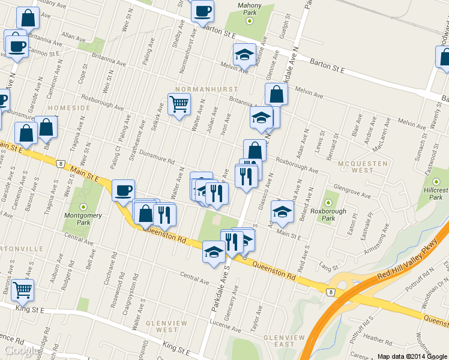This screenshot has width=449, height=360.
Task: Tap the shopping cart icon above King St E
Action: (x=23, y=289)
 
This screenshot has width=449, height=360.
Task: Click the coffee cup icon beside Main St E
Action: (x=124, y=190)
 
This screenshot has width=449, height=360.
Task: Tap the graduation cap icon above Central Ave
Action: (x=214, y=251)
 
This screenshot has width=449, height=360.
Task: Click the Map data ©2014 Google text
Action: (x=412, y=356)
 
